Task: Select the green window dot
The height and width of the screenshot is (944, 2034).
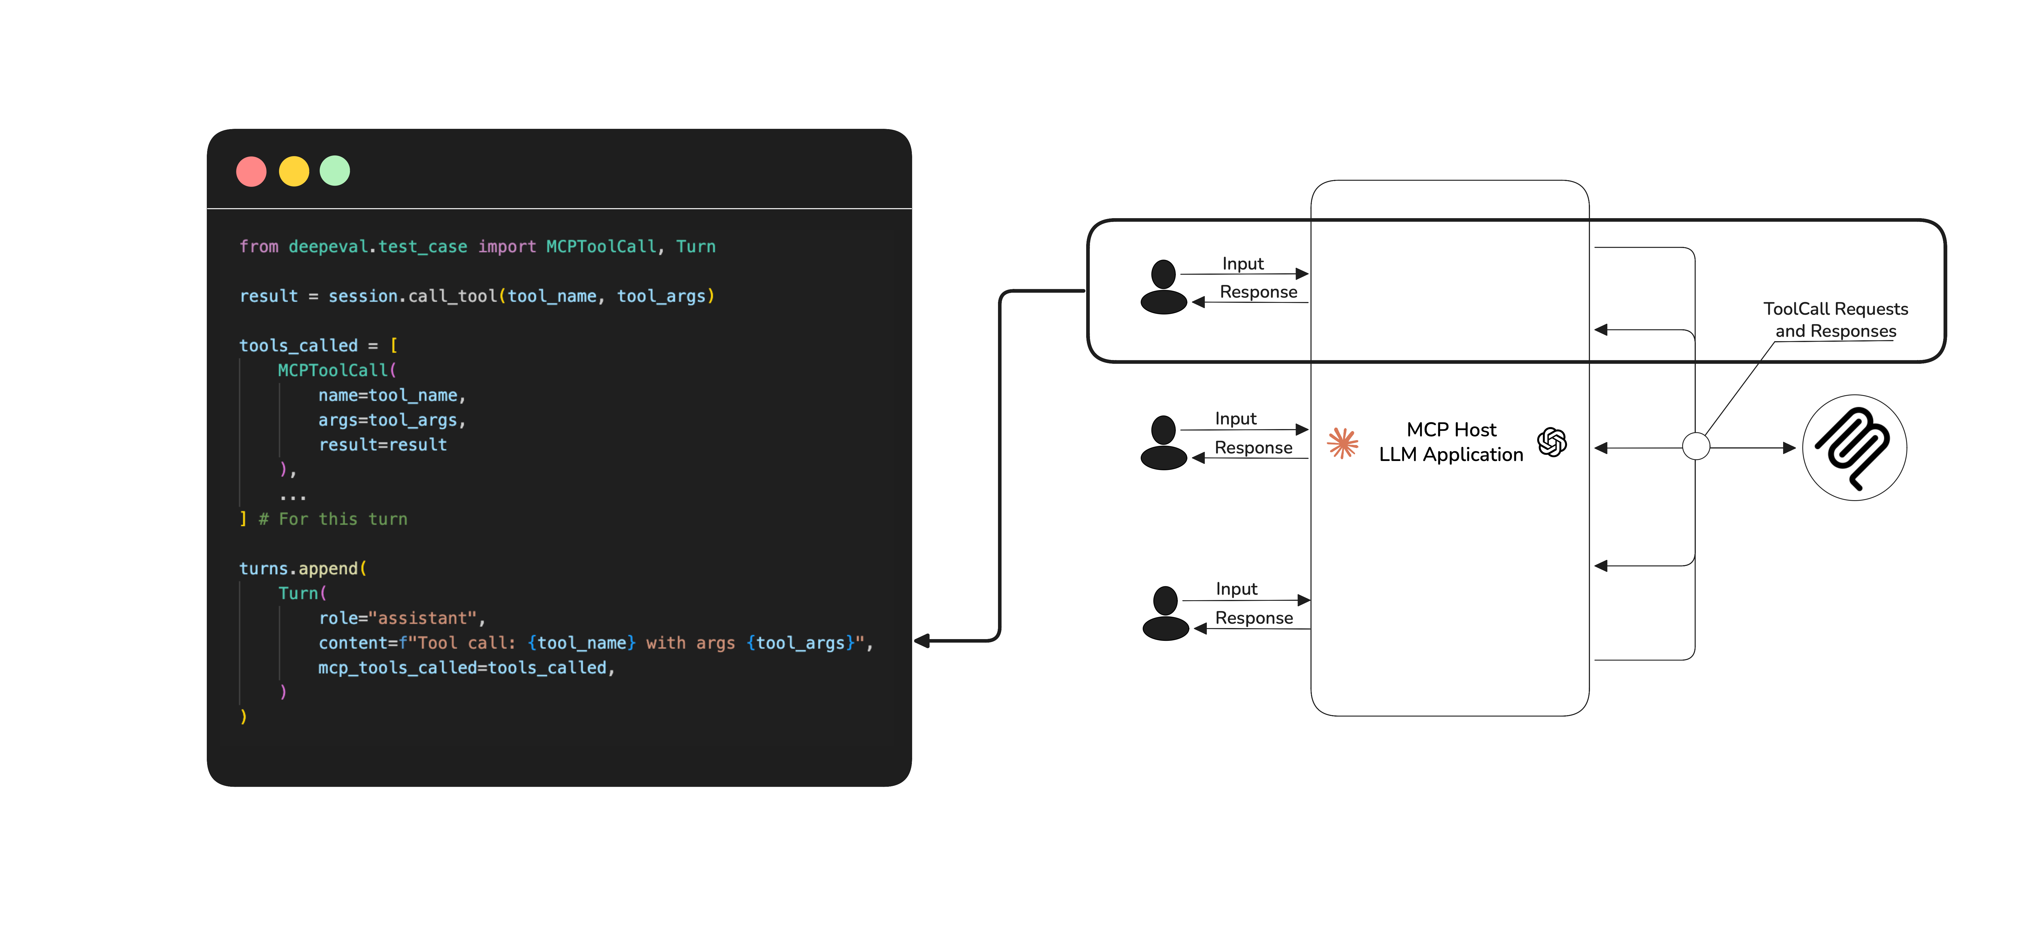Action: pyautogui.click(x=335, y=171)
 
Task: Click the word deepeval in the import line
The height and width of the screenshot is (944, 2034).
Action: pyautogui.click(x=328, y=247)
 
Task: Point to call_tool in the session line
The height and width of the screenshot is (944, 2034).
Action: pyautogui.click(x=452, y=296)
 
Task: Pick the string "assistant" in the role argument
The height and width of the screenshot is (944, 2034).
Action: pyautogui.click(x=422, y=618)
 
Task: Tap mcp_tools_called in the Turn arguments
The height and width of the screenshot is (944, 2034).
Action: pyautogui.click(x=397, y=668)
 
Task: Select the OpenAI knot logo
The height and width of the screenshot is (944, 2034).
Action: pyautogui.click(x=1552, y=442)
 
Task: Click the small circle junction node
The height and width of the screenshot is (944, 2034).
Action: pyautogui.click(x=1695, y=446)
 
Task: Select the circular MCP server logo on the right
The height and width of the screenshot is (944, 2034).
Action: pyautogui.click(x=1854, y=448)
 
